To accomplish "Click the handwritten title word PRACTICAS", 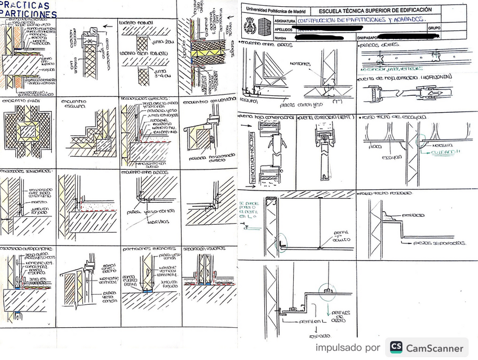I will point(25,5).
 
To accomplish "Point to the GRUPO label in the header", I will point(434,27).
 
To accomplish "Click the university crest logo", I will point(249,25).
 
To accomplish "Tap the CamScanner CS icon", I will point(396,348).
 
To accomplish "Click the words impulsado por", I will point(347,348).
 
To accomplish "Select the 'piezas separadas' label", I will point(443,243).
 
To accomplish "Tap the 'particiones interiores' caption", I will point(148,248).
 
